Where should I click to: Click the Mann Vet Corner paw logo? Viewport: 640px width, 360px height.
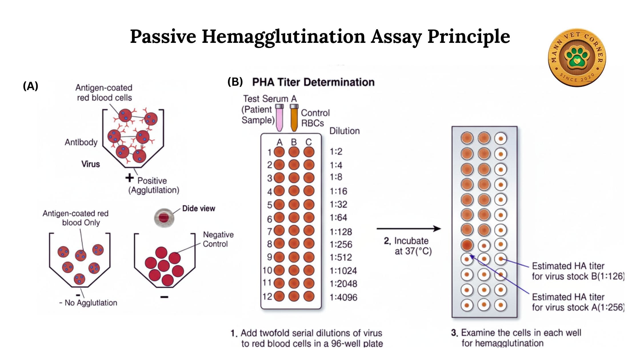pos(577,57)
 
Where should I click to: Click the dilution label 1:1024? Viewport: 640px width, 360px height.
pos(343,271)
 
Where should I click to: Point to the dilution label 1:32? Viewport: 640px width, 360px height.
pos(338,204)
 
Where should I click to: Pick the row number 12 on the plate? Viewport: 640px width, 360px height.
pos(267,296)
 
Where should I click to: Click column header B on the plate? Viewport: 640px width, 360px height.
pos(294,142)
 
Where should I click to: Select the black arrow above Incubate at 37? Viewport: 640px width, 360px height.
pos(409,229)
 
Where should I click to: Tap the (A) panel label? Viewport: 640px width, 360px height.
pos(30,86)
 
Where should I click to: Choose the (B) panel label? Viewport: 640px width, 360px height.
pos(235,82)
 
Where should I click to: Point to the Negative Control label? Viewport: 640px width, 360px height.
pos(218,239)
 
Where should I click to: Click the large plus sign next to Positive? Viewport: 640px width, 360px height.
pos(129,178)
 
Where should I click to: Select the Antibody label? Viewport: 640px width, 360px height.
pos(81,142)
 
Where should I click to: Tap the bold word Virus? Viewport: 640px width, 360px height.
pos(91,164)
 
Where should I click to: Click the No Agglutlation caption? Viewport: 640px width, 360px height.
pos(88,303)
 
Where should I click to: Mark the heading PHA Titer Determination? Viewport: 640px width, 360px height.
pos(313,82)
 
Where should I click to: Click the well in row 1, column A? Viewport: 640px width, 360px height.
pos(279,152)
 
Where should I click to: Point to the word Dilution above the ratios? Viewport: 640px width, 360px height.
pos(345,131)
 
